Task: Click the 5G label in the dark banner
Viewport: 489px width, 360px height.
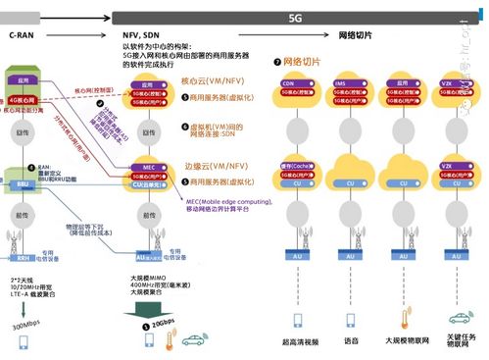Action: tap(295, 18)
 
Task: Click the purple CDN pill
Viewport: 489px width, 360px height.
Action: tap(291, 83)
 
